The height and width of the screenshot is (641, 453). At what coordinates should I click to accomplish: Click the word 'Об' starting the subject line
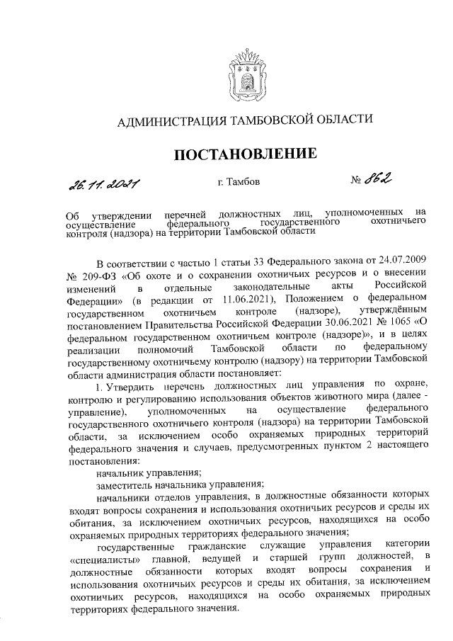(x=72, y=212)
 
